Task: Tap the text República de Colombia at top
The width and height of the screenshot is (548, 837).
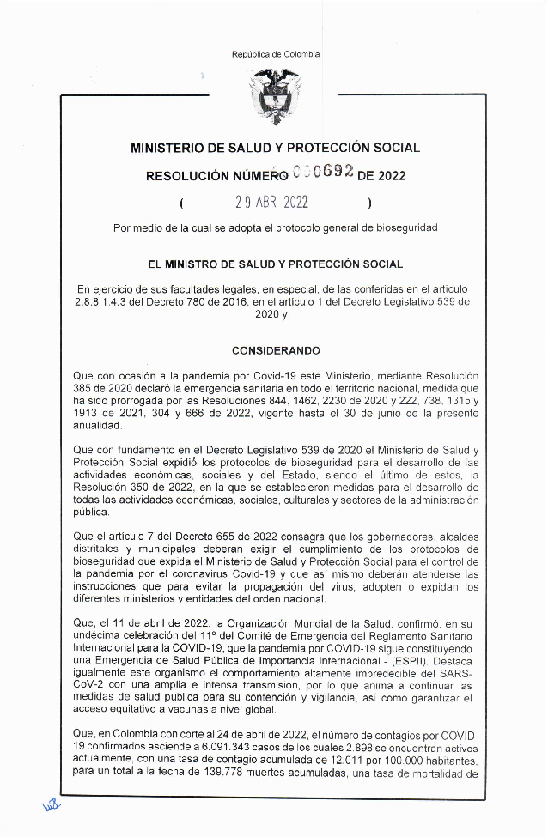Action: (275, 54)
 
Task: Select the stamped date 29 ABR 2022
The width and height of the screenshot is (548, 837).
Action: (272, 204)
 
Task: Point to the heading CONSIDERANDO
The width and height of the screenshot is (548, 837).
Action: (276, 350)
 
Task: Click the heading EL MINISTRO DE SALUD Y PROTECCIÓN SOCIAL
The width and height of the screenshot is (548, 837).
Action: (275, 264)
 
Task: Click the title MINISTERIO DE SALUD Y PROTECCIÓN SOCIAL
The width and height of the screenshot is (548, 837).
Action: (275, 148)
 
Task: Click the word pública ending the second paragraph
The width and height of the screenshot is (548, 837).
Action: (92, 513)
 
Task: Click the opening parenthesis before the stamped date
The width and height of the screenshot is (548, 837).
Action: (182, 204)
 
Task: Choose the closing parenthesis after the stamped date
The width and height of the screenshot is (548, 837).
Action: (368, 204)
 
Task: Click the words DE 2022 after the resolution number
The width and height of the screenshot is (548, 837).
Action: (381, 177)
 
